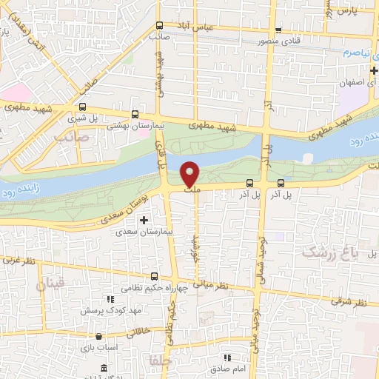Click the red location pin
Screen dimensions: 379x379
point(190,174)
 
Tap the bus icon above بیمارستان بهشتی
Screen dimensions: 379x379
point(134,115)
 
